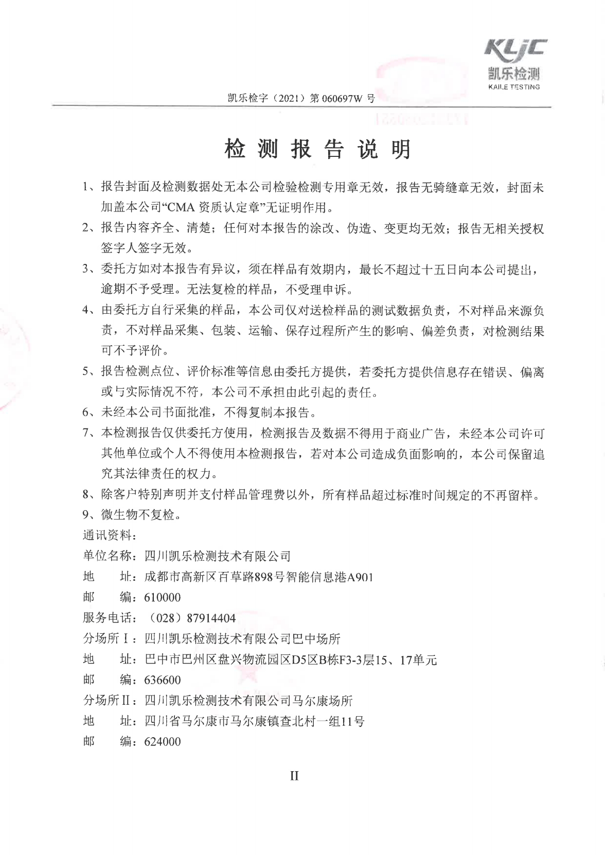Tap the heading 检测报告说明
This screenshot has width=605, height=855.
pos(317,149)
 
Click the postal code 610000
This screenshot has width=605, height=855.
pos(163,597)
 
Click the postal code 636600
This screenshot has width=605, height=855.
pos(163,680)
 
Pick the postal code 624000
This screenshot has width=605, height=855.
pos(163,742)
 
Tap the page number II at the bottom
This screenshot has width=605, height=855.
pos(294,776)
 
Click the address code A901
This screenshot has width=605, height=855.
pos(360,577)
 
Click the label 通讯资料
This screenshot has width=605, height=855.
pos(107,535)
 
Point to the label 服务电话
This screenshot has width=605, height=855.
pos(107,618)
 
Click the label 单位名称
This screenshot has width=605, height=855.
pos(107,556)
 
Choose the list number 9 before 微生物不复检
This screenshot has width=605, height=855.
pos(86,514)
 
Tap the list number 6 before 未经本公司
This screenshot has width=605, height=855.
pos(86,412)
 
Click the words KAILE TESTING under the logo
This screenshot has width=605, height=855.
pos(513,87)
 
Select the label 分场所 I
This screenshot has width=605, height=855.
pos(107,639)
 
